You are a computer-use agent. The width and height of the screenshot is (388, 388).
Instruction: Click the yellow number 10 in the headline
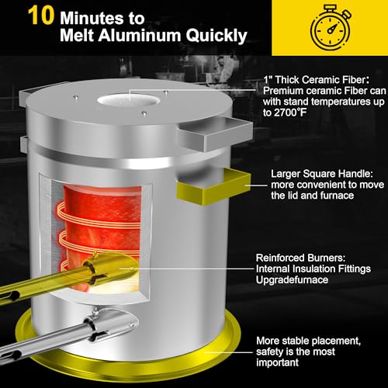tap(41, 16)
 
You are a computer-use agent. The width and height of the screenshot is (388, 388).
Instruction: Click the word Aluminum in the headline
tap(140, 35)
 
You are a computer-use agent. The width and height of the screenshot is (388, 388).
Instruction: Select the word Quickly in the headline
tap(217, 36)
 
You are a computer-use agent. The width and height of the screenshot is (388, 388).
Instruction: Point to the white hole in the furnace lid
tap(129, 100)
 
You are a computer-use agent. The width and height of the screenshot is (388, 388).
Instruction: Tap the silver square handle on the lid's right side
tap(215, 134)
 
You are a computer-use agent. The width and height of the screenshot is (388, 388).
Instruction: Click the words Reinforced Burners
tap(300, 258)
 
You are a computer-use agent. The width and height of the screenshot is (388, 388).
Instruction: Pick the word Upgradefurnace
tap(292, 280)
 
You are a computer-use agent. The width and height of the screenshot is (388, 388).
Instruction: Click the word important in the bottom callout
tap(277, 362)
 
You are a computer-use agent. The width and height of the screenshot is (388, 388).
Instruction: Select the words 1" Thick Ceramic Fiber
tap(315, 80)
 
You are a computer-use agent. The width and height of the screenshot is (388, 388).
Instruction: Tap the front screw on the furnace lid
tap(144, 113)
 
